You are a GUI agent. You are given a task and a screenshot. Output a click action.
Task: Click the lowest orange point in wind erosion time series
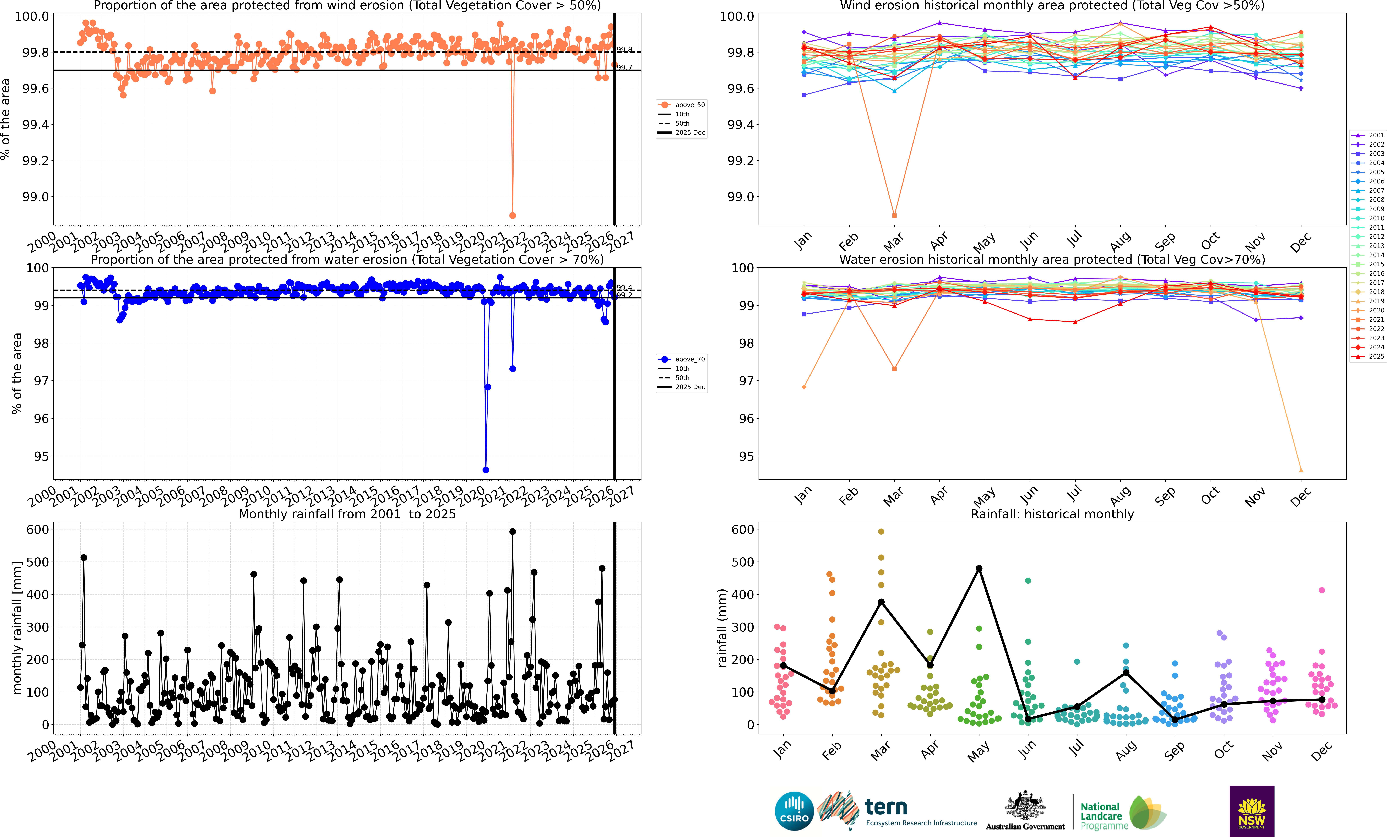coord(512,216)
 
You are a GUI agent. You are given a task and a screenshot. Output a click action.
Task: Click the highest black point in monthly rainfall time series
coord(512,531)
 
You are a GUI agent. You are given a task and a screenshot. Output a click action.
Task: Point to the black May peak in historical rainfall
coord(979,569)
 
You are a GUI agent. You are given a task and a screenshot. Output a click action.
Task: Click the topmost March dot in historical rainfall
coord(881,531)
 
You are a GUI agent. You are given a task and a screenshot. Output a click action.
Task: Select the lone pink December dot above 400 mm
coord(1322,590)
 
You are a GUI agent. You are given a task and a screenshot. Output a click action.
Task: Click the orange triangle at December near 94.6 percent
coord(1300,470)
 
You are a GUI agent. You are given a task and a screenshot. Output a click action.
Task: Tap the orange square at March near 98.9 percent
coord(894,216)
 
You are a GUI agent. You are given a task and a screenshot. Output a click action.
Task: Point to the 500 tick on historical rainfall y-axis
coord(742,562)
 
